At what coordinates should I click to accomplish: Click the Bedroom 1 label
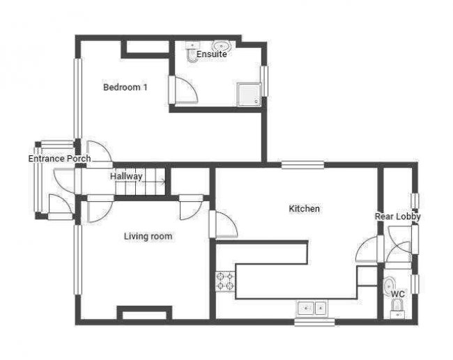coord(125,87)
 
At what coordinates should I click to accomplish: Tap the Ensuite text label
coord(211,54)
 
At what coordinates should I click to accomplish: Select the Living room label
coord(148,236)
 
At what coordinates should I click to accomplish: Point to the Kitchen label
coord(305,208)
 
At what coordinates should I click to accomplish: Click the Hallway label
coord(126,176)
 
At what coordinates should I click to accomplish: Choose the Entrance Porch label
coord(59,159)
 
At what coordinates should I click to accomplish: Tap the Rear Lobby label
coord(398,217)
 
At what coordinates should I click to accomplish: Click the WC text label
coord(398,294)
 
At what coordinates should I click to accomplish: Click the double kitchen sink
coord(312,307)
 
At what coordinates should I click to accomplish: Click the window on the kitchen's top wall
coord(302,165)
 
